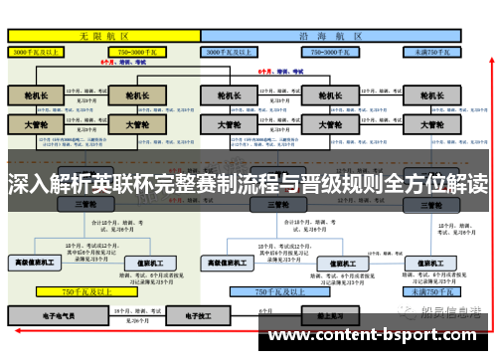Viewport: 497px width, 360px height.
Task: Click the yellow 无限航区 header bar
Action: coord(103,35)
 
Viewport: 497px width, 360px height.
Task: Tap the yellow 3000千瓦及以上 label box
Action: coord(41,51)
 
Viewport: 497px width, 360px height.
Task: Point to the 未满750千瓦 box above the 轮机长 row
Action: coord(432,51)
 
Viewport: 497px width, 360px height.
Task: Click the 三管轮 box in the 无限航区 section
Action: coord(84,203)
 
